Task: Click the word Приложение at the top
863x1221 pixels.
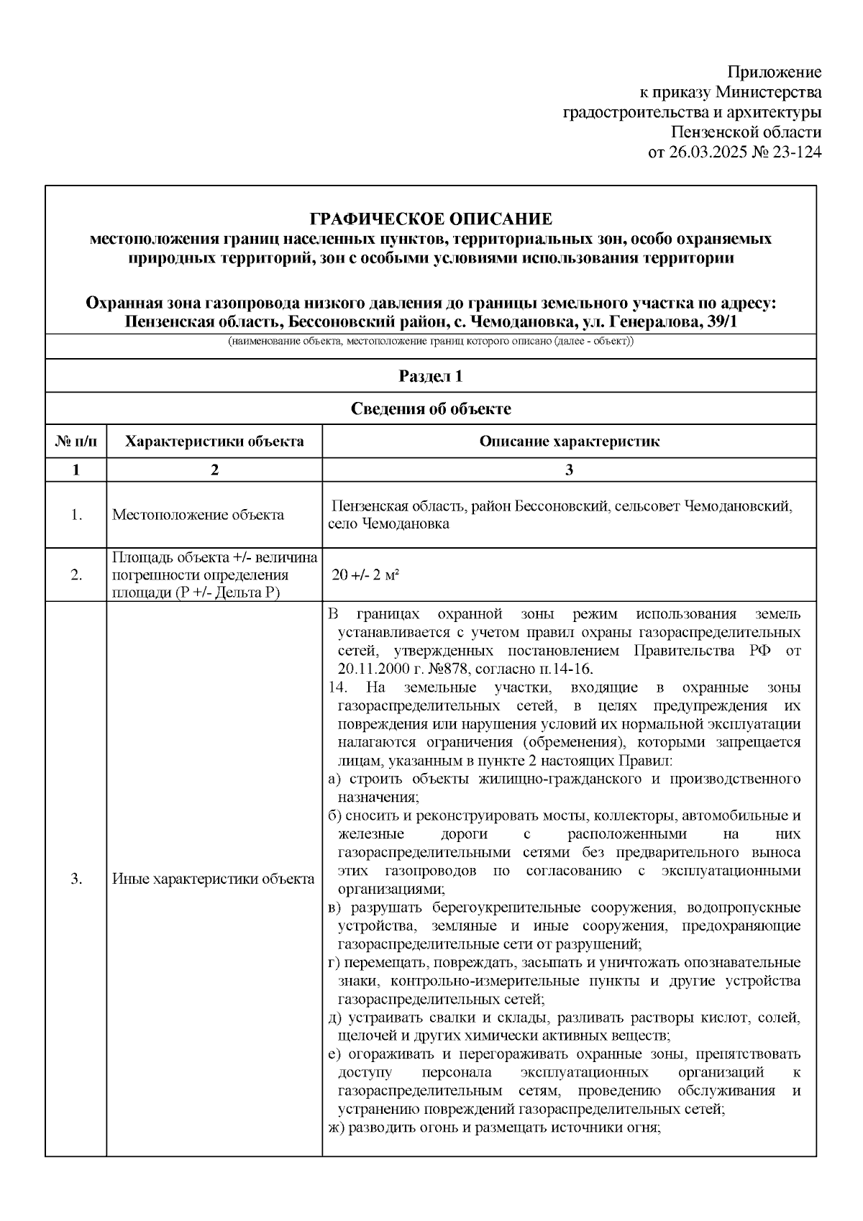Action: tap(774, 72)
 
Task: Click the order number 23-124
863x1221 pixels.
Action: tap(795, 152)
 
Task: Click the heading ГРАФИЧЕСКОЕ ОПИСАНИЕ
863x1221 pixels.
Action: tap(430, 219)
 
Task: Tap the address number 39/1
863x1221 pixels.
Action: tap(721, 322)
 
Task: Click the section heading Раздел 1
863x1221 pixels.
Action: tap(430, 376)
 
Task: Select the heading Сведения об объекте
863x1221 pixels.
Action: tap(430, 408)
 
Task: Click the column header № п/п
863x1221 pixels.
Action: tap(76, 441)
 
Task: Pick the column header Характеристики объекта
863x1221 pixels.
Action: tap(214, 441)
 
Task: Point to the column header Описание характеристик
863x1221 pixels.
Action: tap(569, 441)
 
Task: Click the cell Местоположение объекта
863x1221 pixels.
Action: tap(198, 515)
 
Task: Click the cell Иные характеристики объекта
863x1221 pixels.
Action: tap(213, 879)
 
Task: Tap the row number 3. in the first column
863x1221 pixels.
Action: tap(76, 879)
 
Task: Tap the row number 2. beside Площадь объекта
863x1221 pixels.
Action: tap(76, 575)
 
